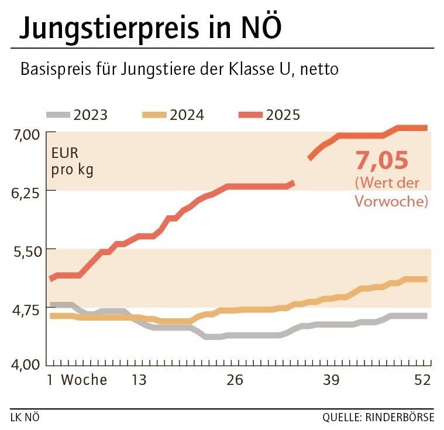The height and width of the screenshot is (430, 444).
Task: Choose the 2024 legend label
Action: tap(187, 115)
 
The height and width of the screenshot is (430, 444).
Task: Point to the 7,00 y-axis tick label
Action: tap(25, 135)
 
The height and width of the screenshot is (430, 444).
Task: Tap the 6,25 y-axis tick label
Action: tap(25, 192)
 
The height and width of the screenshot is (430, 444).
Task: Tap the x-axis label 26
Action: tap(235, 380)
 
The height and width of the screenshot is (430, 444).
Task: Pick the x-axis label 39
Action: tap(331, 380)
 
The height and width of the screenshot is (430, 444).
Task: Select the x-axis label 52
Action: tap(422, 380)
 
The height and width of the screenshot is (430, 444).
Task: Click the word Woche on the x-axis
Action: tap(84, 380)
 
